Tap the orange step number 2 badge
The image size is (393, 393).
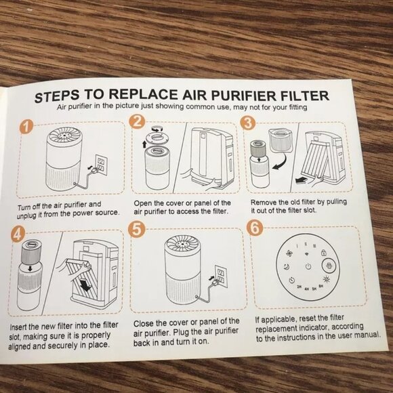coord(138,123)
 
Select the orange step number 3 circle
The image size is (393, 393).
coord(249,123)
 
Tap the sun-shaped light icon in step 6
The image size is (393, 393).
coord(328,279)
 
